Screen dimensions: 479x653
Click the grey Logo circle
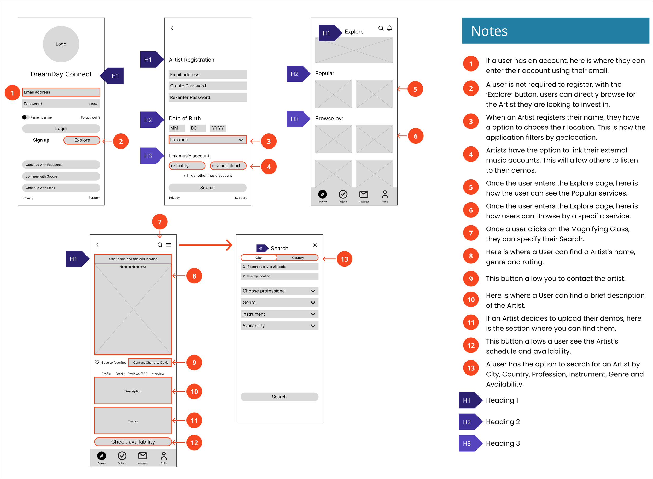pyautogui.click(x=61, y=44)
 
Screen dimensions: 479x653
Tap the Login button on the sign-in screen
pyautogui.click(x=61, y=128)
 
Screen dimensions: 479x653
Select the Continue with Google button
pyautogui.click(x=61, y=176)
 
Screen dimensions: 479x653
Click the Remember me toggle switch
pyautogui.click(x=26, y=117)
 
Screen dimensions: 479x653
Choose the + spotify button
pyautogui.click(x=187, y=166)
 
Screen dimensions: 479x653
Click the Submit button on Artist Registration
pyautogui.click(x=207, y=188)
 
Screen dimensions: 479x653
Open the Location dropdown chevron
pyautogui.click(x=241, y=140)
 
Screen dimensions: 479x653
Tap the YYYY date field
pyautogui.click(x=218, y=128)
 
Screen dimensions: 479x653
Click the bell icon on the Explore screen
pyautogui.click(x=389, y=28)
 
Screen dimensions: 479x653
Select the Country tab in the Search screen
pyautogui.click(x=298, y=258)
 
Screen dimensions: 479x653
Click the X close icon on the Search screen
pyautogui.click(x=315, y=245)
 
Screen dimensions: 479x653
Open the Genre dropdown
pyautogui.click(x=279, y=303)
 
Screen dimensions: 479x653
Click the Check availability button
pyautogui.click(x=133, y=442)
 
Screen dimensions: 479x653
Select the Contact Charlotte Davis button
pyautogui.click(x=150, y=362)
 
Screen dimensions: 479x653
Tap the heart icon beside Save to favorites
pyautogui.click(x=97, y=362)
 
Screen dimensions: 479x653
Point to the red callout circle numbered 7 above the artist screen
pyautogui.click(x=160, y=222)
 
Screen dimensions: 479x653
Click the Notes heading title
pyautogui.click(x=489, y=31)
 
